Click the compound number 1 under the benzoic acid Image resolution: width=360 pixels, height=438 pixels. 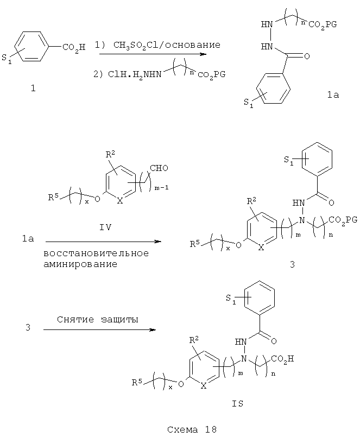[x=33, y=89]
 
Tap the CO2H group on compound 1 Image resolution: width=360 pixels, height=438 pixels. [x=74, y=48]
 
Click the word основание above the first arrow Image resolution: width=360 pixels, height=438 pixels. [x=193, y=45]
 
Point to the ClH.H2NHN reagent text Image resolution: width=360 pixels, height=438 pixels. [x=135, y=74]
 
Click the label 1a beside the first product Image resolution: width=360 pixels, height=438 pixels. [x=333, y=95]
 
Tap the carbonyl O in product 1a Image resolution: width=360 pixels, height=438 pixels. [x=307, y=56]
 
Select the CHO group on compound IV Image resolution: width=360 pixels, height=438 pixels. [x=159, y=168]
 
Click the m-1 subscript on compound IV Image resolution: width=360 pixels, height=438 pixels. [x=162, y=188]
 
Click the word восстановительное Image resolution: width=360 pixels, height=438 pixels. [x=96, y=253]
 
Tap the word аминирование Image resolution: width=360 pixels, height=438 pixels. [x=80, y=264]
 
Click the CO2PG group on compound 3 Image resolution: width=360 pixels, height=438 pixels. [x=343, y=220]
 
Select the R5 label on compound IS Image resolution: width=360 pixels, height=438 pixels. [x=137, y=382]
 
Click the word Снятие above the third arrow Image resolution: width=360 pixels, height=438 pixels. [x=75, y=319]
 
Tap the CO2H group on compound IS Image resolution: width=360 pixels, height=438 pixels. [x=282, y=359]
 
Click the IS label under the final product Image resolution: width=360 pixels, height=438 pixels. [x=238, y=404]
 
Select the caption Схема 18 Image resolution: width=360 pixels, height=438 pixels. [x=192, y=429]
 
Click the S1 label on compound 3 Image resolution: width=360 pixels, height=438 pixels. [x=289, y=161]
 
